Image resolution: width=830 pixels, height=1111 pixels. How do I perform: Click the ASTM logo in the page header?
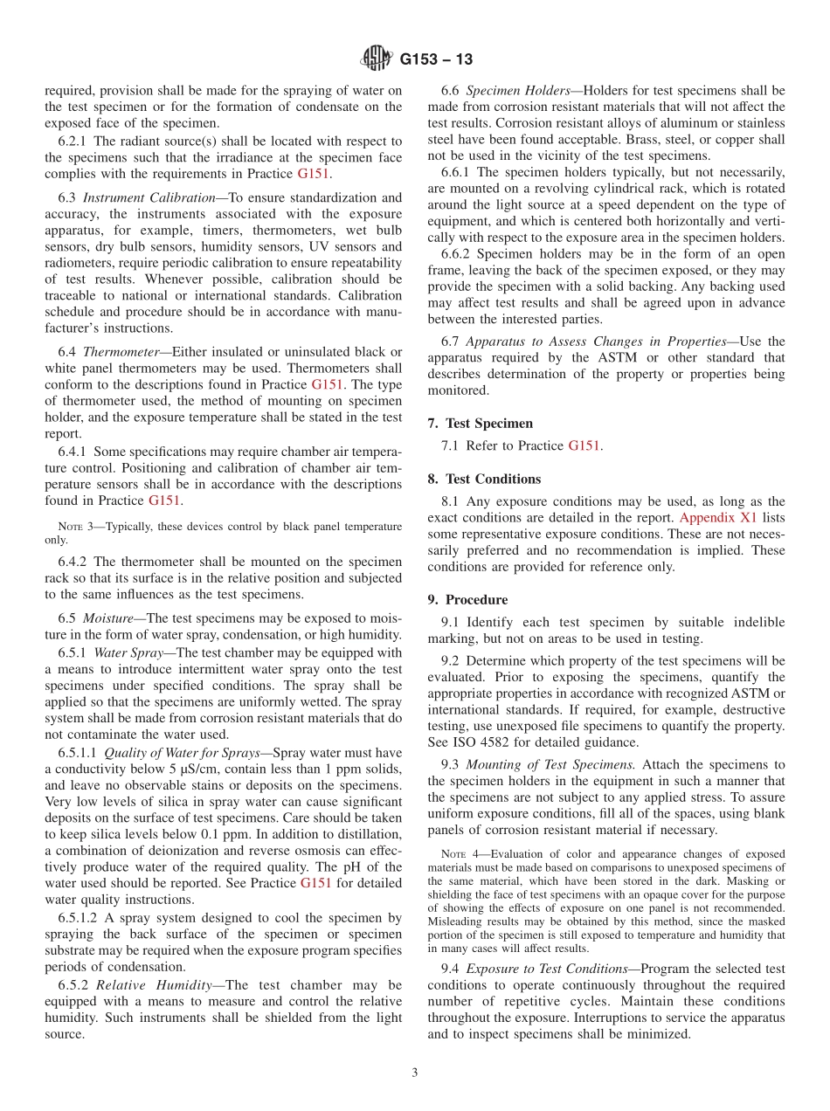(377, 59)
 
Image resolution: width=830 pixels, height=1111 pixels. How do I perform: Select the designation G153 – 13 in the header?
(437, 59)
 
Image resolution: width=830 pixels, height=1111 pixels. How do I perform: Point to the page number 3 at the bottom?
(415, 1073)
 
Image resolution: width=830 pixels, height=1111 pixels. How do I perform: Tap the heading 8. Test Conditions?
(485, 479)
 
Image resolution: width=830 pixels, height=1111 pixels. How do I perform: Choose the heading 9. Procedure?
(467, 600)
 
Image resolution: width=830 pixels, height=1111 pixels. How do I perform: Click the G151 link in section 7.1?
(584, 446)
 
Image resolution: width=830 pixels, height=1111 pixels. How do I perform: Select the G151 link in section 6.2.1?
(314, 174)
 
